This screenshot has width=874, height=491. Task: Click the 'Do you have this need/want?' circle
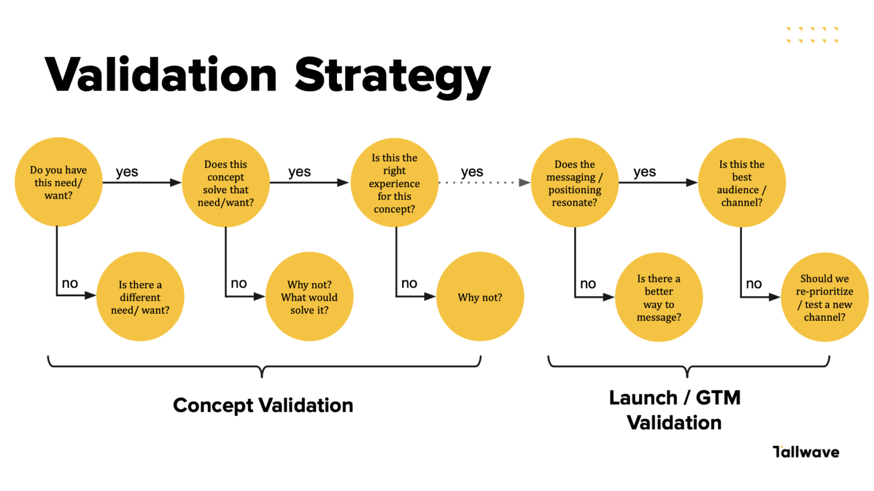59,182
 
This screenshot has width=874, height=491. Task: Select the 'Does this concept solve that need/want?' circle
226,183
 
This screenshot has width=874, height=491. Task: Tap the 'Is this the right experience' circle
394,183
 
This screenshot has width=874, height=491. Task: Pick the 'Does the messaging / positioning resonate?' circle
575,183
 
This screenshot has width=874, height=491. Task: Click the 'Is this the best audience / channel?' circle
741,183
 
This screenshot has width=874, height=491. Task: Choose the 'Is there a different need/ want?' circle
140,297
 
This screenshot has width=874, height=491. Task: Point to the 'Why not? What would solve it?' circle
310,297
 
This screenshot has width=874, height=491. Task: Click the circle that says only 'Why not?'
480,297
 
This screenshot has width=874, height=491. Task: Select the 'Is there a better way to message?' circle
659,297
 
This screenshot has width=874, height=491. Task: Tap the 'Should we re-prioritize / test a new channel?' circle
824,297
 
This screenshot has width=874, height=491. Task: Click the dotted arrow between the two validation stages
484,183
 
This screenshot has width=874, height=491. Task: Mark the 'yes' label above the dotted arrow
472,171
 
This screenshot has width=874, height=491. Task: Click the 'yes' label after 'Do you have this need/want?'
127,171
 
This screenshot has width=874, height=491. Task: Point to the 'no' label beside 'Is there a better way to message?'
588,284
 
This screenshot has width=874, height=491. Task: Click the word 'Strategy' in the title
392,75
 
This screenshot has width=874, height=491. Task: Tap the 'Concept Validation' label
263,405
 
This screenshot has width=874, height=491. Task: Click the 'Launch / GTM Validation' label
675,410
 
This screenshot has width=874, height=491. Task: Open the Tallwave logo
806,452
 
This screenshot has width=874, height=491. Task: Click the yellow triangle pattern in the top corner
812,35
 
